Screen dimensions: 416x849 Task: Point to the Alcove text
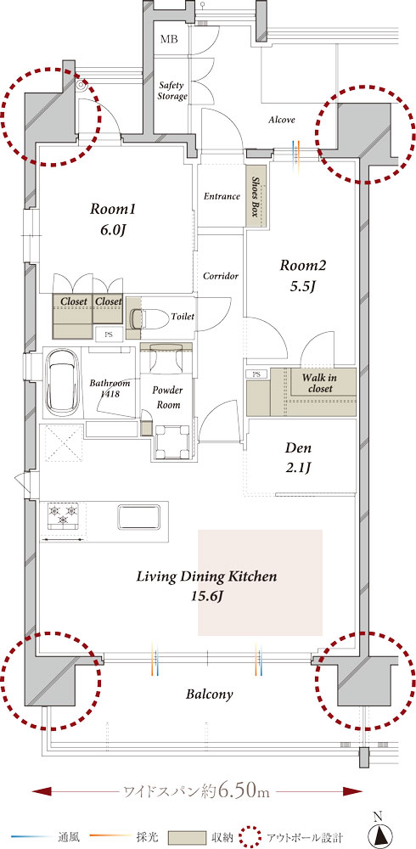coord(282,120)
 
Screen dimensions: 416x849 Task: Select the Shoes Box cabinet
coord(258,195)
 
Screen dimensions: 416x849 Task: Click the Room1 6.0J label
coord(112,219)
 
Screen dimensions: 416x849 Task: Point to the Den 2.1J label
coord(298,458)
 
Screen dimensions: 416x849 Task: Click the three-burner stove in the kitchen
coord(64,514)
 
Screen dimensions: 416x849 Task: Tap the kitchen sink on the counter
coord(138,516)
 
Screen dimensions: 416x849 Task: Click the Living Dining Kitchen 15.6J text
coord(206,585)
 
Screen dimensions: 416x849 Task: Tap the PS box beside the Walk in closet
coord(256,374)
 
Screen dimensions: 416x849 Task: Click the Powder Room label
coord(167,396)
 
